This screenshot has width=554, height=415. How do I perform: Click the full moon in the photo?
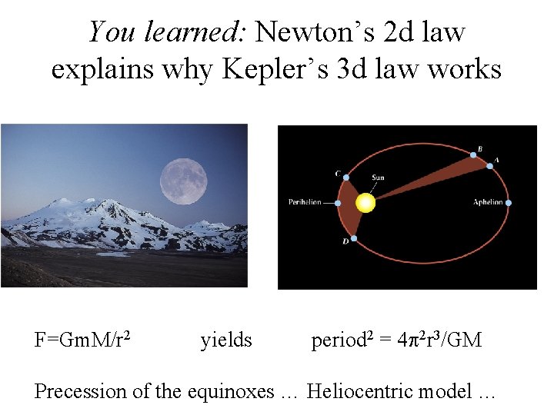[x=184, y=181]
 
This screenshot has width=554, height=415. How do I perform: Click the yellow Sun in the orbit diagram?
[x=365, y=203]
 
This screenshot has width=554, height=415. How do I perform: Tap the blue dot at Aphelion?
[x=509, y=203]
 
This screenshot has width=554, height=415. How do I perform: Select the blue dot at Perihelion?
[x=339, y=203]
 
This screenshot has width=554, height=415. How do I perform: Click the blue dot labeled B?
[x=473, y=156]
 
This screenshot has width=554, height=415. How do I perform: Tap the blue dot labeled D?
[x=354, y=240]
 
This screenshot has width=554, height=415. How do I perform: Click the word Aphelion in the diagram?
[x=488, y=203]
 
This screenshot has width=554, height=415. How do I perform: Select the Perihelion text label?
[x=305, y=203]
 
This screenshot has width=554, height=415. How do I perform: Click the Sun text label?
[x=378, y=178]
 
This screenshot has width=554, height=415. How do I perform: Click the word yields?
[x=226, y=339]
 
